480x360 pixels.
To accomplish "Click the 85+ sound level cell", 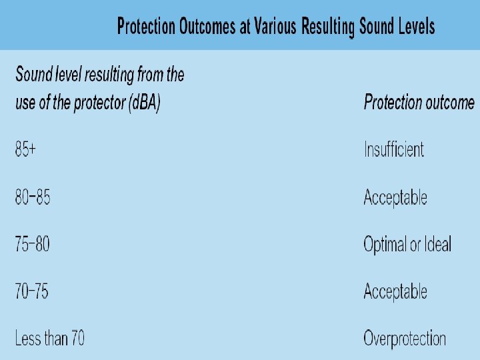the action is point(25,149).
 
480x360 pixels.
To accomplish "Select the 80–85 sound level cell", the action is point(33,197).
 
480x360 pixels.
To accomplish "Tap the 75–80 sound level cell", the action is point(33,244).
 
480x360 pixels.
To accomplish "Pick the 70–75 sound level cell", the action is point(32,291).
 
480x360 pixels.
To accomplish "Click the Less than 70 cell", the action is point(49,339).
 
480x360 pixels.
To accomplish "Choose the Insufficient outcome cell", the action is point(394,149).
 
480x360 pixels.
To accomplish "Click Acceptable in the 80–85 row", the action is point(395,197).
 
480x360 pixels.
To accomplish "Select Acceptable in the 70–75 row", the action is point(395,291).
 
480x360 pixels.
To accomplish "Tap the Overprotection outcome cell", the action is point(405,339).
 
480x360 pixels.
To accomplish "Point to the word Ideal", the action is point(438,244).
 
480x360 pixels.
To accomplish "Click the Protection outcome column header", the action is point(419,103).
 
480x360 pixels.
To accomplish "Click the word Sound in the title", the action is point(377,27).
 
